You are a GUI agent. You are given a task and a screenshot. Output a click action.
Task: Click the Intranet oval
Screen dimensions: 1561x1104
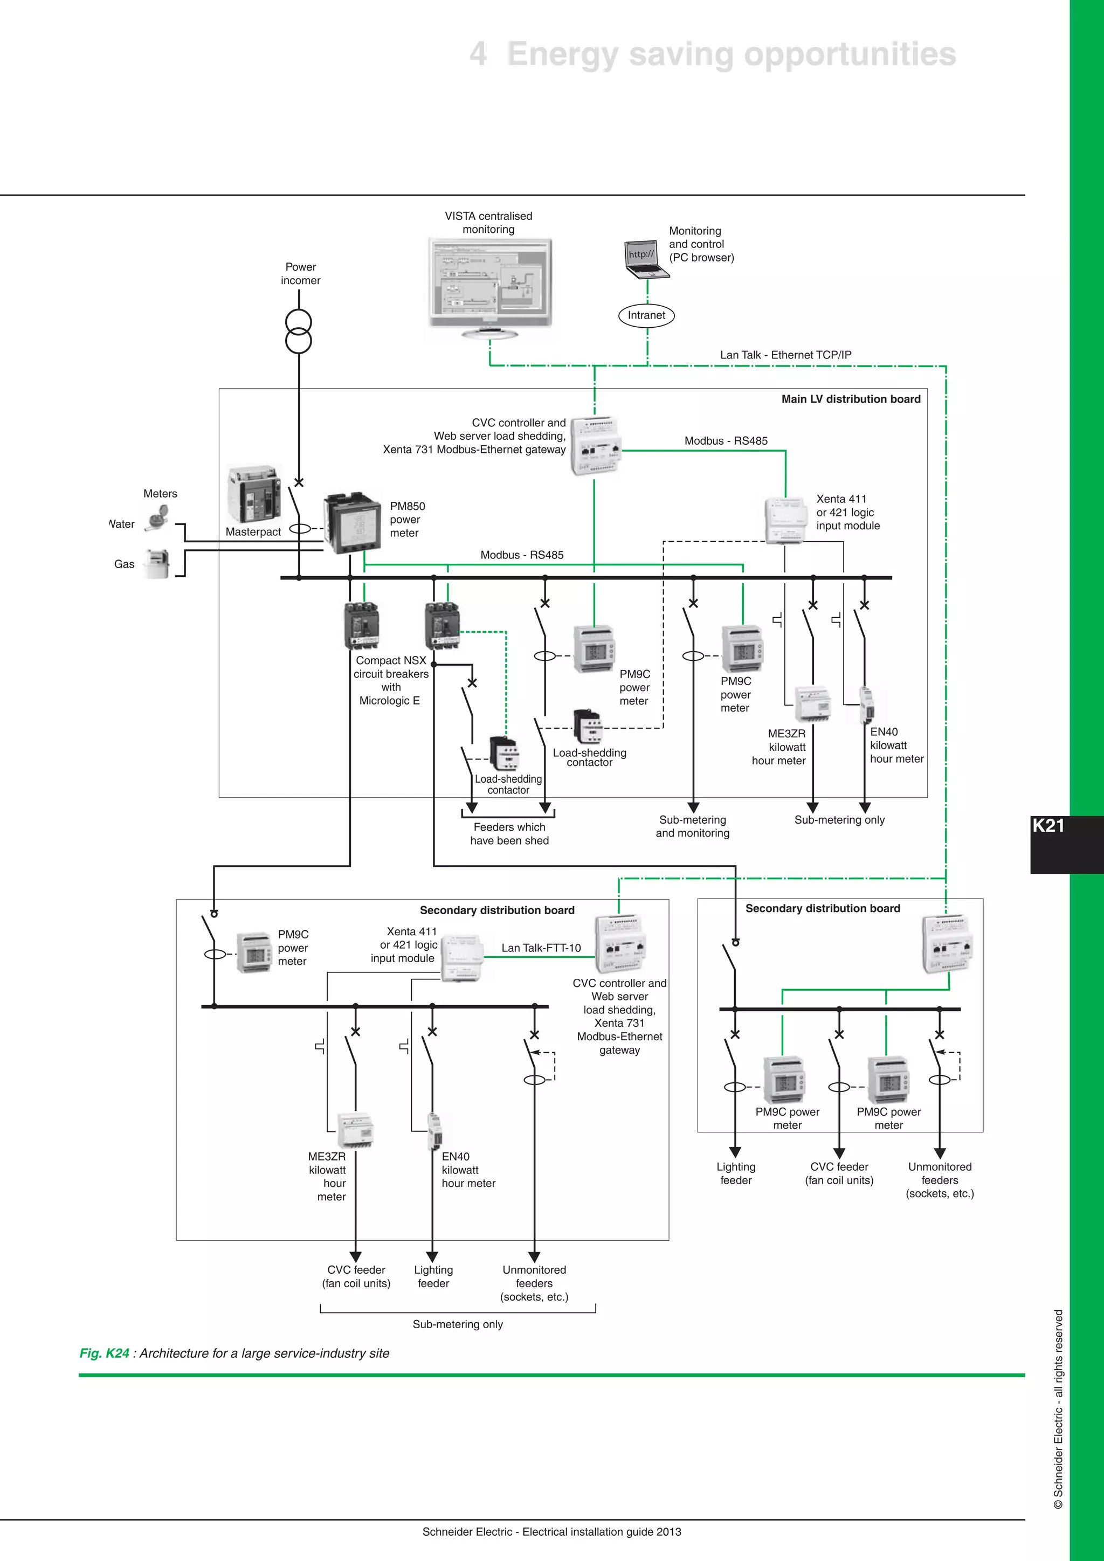click(x=646, y=315)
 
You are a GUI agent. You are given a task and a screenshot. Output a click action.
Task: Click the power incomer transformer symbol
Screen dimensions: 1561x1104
click(x=299, y=331)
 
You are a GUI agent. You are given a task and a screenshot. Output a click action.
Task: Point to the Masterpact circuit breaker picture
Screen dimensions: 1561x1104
click(x=253, y=494)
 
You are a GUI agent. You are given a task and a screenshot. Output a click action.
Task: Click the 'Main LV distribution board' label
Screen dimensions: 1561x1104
click(x=851, y=399)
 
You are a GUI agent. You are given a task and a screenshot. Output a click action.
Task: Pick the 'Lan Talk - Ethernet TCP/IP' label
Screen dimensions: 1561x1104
click(x=785, y=355)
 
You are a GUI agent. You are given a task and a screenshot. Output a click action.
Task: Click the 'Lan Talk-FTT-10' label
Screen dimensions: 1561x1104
click(x=541, y=948)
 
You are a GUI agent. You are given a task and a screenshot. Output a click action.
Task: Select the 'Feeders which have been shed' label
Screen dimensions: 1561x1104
click(x=509, y=833)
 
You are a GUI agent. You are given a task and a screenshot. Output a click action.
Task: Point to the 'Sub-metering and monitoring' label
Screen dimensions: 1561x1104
click(x=692, y=826)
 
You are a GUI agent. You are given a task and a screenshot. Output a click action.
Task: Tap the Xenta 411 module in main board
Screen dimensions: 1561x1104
click(x=787, y=521)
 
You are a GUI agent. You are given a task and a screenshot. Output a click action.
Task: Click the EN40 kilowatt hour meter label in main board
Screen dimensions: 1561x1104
click(x=896, y=745)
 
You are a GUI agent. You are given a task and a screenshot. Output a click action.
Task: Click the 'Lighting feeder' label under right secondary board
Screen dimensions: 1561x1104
click(x=735, y=1173)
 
